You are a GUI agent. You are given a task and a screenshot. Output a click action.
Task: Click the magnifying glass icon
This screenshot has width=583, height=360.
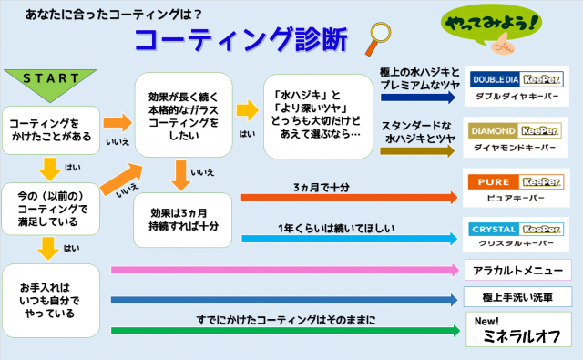click(x=378, y=38)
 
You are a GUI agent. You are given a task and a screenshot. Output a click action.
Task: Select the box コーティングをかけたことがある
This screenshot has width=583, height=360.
click(x=51, y=130)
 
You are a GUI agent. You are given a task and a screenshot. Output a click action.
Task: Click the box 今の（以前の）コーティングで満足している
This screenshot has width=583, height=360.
click(x=51, y=209)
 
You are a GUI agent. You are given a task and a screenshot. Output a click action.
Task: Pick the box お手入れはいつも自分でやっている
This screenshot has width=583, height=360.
click(x=51, y=301)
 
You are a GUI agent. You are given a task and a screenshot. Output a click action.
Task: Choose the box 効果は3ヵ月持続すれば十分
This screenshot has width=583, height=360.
click(x=182, y=220)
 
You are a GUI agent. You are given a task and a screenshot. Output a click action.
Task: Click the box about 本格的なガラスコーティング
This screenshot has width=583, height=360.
click(x=183, y=115)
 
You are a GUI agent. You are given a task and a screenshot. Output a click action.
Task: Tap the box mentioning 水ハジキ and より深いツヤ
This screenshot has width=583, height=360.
click(x=318, y=117)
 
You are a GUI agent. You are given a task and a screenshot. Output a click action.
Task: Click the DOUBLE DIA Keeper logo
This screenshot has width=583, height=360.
click(x=517, y=79)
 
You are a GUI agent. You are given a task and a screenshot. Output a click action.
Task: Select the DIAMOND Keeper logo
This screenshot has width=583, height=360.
click(x=515, y=131)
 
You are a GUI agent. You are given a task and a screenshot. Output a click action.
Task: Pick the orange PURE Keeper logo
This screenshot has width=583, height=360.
click(x=516, y=182)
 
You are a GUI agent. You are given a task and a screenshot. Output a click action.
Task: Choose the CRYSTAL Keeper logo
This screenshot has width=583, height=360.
click(x=516, y=230)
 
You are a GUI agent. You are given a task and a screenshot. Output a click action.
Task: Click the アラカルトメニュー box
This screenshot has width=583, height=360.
click(x=518, y=270)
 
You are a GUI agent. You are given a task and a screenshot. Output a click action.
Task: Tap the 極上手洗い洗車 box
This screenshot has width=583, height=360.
click(x=517, y=297)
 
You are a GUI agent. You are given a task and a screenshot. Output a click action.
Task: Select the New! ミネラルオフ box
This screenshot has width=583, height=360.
click(x=518, y=330)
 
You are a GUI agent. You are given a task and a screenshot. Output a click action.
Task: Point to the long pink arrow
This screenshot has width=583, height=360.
click(x=285, y=270)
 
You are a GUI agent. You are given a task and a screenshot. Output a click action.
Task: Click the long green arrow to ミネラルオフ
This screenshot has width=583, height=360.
click(x=285, y=331)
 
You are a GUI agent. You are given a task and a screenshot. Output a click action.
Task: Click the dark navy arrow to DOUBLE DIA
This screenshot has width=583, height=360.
click(x=418, y=98)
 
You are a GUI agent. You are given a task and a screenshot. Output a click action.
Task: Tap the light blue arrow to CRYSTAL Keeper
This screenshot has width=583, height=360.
click(x=350, y=239)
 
